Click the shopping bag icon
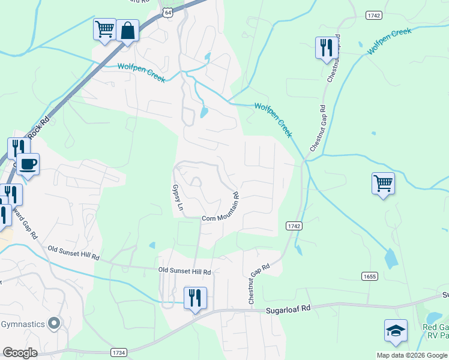coord(128,30)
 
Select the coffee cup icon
coord(28,163)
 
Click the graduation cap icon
coord(396,330)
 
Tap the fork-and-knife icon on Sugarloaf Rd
coord(195,298)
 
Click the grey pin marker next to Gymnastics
coord(55,324)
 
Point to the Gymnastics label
coord(23,325)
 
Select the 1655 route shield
coord(370,276)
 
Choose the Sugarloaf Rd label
coord(289,309)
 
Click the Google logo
coord(20,352)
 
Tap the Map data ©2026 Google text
coord(411,355)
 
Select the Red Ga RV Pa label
coord(436,331)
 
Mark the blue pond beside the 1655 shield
coord(391,257)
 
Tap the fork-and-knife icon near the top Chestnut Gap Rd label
coord(325,47)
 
